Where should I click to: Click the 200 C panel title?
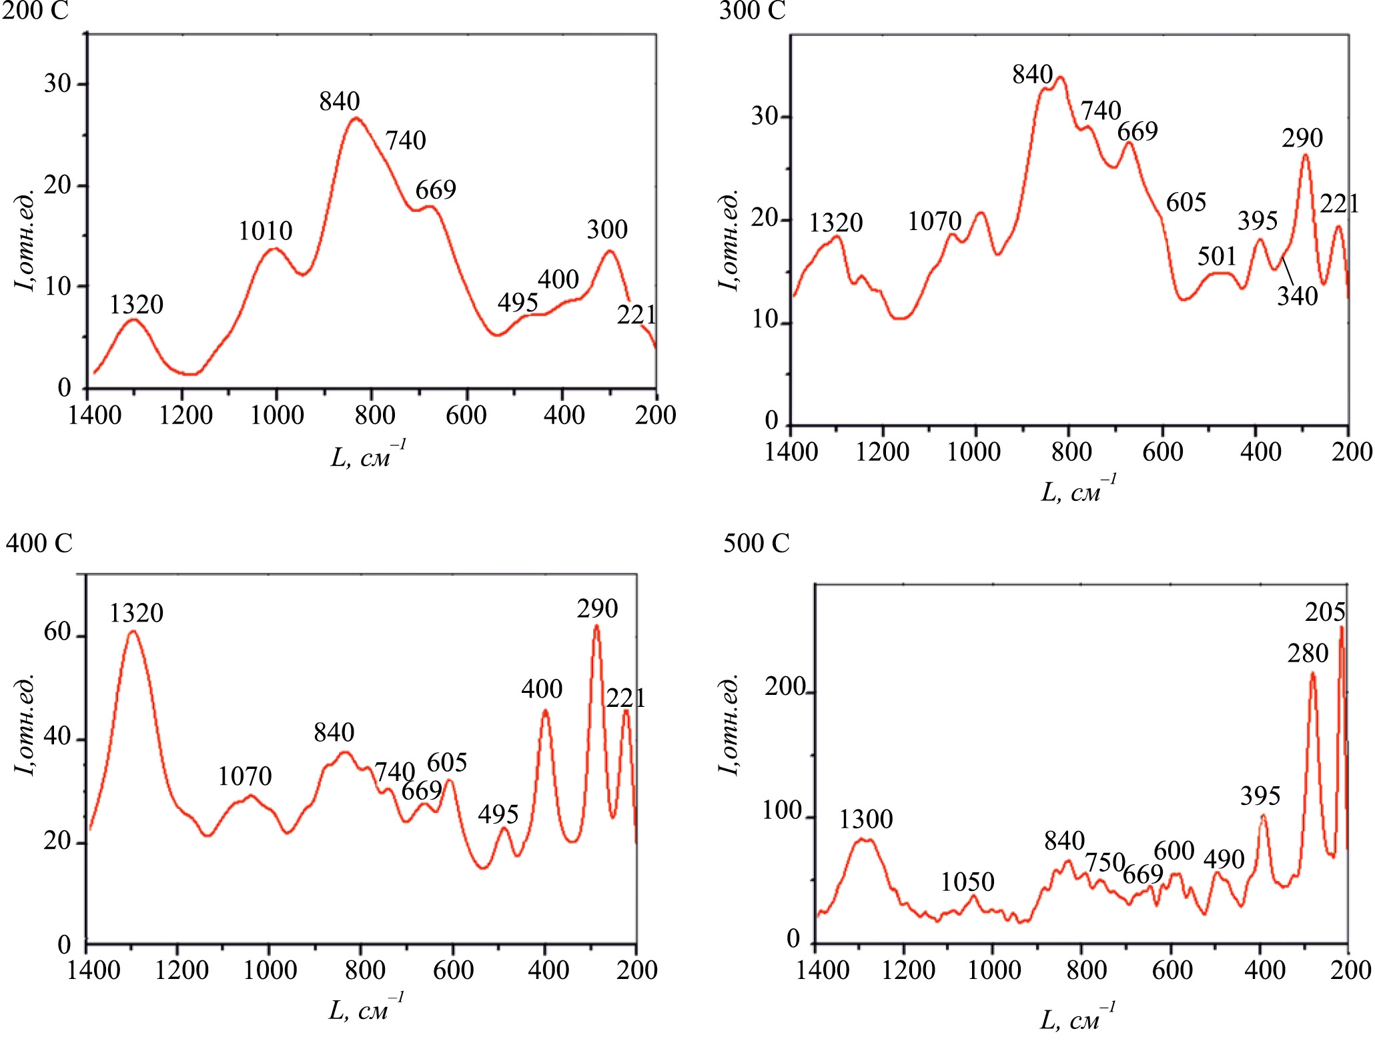pos(35,11)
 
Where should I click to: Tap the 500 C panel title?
pos(756,544)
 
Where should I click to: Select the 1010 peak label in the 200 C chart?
pos(266,231)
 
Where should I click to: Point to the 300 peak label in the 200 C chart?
pos(607,229)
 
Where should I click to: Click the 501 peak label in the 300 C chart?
pos(1217,256)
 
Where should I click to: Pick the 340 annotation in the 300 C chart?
pos(1298,296)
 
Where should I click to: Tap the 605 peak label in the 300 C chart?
pos(1186,202)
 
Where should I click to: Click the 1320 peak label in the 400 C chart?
pos(136,613)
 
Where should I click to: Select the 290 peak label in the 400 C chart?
pos(597,608)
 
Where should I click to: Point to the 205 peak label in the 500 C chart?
pos(1325,612)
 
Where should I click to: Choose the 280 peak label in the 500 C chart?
pos(1308,654)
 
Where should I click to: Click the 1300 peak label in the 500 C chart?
pos(865,819)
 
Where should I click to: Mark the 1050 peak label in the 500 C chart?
pos(967,882)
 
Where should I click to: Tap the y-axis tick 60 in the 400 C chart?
pos(57,632)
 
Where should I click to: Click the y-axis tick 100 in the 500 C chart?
pos(782,811)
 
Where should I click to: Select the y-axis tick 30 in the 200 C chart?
pos(57,83)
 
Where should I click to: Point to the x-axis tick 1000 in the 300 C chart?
pos(974,452)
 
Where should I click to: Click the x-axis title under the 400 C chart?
pos(366,1008)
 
